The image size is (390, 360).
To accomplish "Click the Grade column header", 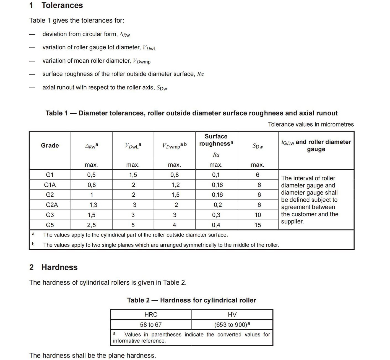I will tap(50, 146).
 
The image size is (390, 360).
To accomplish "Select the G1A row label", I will tap(50, 185).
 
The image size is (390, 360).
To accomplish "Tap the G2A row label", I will tap(52, 205).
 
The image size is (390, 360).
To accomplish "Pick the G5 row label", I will tap(50, 225).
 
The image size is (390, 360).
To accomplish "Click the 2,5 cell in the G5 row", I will tap(91, 225).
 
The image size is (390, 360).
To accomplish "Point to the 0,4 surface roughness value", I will tap(216, 225).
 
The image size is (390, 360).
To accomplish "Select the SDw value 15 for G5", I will tap(258, 225).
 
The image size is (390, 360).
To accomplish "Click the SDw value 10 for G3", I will tap(258, 215).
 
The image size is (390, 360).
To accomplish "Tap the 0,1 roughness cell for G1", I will tap(216, 175).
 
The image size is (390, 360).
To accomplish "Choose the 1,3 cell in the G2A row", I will tap(93, 205).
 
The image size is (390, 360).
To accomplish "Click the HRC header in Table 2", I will tap(151, 315).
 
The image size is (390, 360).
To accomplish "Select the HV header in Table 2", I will tap(232, 315).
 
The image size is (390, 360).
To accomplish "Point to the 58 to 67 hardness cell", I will tap(151, 325).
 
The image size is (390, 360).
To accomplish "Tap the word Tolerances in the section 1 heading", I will tap(62, 6).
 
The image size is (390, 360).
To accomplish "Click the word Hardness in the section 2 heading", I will tap(59, 268).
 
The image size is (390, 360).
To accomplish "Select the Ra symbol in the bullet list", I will tap(200, 74).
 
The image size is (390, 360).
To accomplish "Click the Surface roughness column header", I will tap(216, 140).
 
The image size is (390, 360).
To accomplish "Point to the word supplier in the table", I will tap(292, 222).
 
